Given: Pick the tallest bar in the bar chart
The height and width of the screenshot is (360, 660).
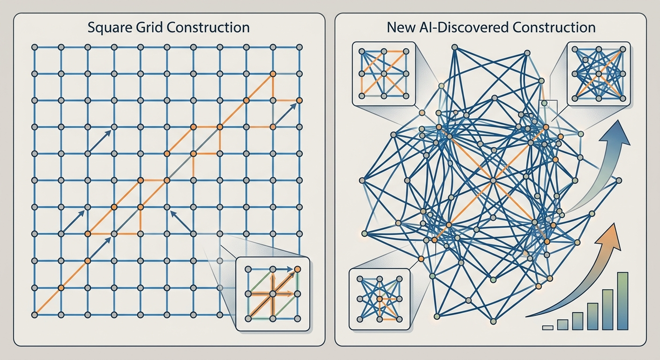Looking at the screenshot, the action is click(622, 301).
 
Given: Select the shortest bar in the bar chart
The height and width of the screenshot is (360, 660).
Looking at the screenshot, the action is click(548, 328).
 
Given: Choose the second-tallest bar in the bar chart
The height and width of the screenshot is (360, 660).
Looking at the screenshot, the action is click(607, 310).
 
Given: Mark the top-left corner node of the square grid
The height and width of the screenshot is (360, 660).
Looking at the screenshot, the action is click(35, 47).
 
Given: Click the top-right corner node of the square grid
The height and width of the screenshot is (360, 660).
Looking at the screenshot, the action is click(300, 47).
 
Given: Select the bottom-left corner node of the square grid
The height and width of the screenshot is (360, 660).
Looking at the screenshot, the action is click(35, 315).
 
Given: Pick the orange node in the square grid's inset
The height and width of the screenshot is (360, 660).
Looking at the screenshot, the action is click(297, 269).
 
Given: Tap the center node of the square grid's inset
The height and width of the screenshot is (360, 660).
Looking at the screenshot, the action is click(273, 294).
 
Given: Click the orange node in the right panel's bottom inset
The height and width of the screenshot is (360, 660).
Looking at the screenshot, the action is click(380, 299).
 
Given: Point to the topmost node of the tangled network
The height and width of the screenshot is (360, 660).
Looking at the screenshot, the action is click(455, 47).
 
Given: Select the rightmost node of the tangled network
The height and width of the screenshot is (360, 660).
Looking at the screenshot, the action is click(619, 180).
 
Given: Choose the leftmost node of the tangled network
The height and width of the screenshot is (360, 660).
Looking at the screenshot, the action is click(362, 180).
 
